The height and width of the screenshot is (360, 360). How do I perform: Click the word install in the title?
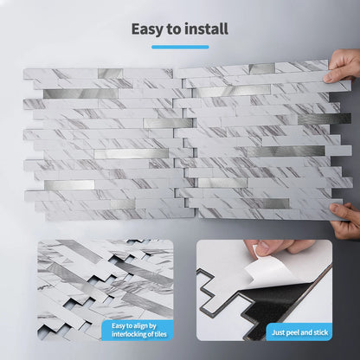(x=205, y=29)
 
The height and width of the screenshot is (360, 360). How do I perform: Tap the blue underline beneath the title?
(x=179, y=47)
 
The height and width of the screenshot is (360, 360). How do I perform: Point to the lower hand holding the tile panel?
(x=345, y=221)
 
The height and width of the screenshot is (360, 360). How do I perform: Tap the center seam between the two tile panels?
(x=178, y=138)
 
